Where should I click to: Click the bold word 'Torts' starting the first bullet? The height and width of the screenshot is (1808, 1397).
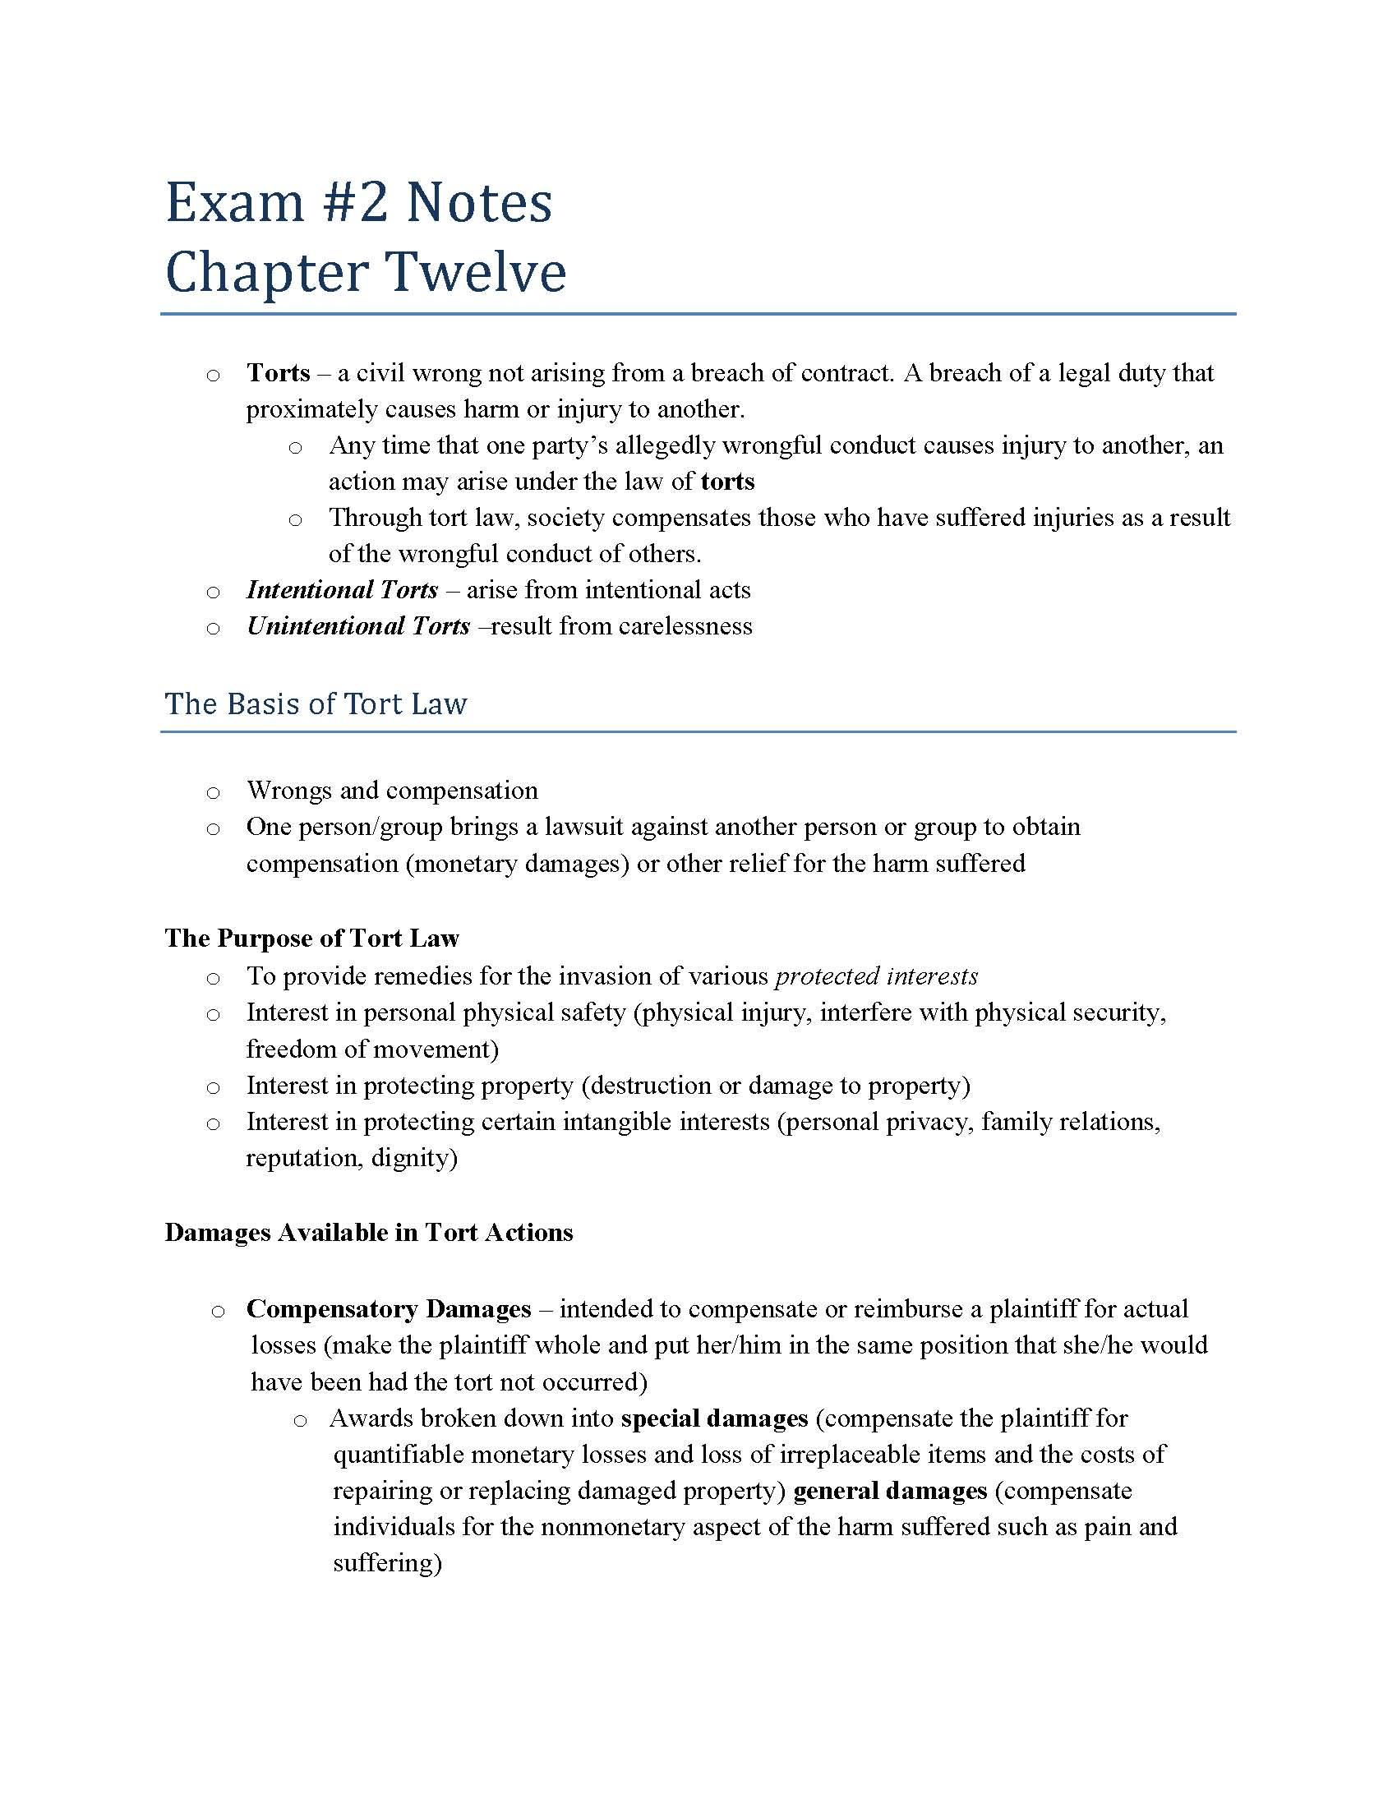point(278,373)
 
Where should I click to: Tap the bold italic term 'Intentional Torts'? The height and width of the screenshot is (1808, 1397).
point(342,590)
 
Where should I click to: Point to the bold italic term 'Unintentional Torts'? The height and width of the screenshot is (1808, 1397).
point(358,627)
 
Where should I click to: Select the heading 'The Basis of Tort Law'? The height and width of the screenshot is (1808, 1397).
point(316,704)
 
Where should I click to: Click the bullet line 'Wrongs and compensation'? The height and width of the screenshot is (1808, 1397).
point(392,791)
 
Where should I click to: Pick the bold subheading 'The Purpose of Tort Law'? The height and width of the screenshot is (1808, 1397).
point(312,938)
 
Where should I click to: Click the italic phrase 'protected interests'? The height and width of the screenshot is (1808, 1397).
point(877,977)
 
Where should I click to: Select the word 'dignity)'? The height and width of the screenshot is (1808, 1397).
point(415,1158)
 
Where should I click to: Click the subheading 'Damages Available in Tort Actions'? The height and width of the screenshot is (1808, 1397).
point(369,1233)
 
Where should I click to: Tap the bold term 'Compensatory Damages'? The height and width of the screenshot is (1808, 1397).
point(389,1309)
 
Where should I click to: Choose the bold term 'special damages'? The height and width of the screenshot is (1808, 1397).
point(714,1418)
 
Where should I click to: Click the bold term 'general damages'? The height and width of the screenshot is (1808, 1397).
point(891,1491)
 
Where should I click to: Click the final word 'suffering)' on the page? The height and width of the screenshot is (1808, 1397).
point(387,1563)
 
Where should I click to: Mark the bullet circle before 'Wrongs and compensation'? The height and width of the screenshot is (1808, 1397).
point(214,793)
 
